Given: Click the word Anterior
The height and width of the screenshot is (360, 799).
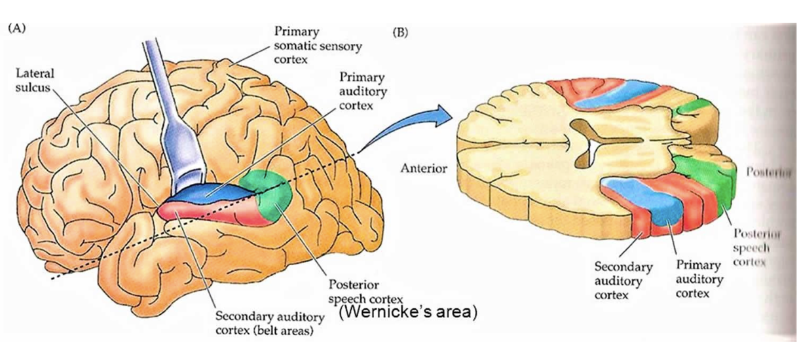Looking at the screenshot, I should click(423, 169).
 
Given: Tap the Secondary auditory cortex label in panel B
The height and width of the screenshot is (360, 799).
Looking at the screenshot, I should click(623, 281).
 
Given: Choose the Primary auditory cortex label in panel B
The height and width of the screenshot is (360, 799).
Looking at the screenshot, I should click(699, 281).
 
